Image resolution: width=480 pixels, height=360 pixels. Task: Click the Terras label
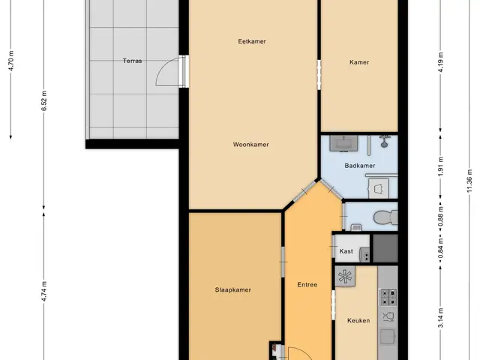pos(132,61)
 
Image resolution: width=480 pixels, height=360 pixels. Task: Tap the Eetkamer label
pos(252,41)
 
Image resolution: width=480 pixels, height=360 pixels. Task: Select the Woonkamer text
pos(251,145)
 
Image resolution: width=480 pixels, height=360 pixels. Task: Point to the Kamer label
pos(359,62)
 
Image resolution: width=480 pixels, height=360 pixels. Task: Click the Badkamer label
pos(360,166)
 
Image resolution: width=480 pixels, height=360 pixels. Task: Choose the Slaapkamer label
pos(233,290)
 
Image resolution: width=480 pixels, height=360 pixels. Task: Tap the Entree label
pos(307,285)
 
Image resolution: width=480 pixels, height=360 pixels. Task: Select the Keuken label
pos(358,320)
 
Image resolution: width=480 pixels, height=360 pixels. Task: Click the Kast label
pos(346,251)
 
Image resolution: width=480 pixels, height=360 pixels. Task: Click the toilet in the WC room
pos(385,217)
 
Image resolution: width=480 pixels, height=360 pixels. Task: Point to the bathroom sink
pos(343,143)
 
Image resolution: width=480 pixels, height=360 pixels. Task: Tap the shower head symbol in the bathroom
pos(385,141)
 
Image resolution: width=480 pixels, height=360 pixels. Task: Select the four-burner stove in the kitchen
pos(388,297)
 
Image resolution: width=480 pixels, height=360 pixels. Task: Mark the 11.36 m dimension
pos(469,181)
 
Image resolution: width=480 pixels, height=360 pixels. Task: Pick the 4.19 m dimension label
pos(441,62)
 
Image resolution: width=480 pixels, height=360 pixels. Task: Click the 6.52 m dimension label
pos(44,100)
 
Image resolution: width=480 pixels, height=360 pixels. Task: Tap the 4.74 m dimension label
pos(44,291)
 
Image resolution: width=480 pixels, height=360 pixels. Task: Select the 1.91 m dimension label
pos(441,166)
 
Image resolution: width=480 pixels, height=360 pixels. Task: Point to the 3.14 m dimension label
pos(441,318)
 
